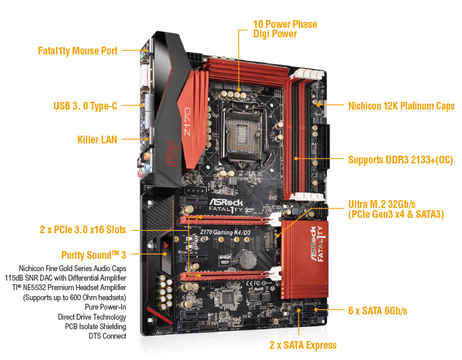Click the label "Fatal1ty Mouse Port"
click(x=77, y=51)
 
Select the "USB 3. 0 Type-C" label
click(x=85, y=106)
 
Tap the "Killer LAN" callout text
click(x=97, y=140)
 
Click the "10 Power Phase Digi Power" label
click(x=285, y=29)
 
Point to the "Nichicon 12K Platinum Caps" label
click(x=401, y=106)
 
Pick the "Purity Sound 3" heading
click(x=94, y=255)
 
